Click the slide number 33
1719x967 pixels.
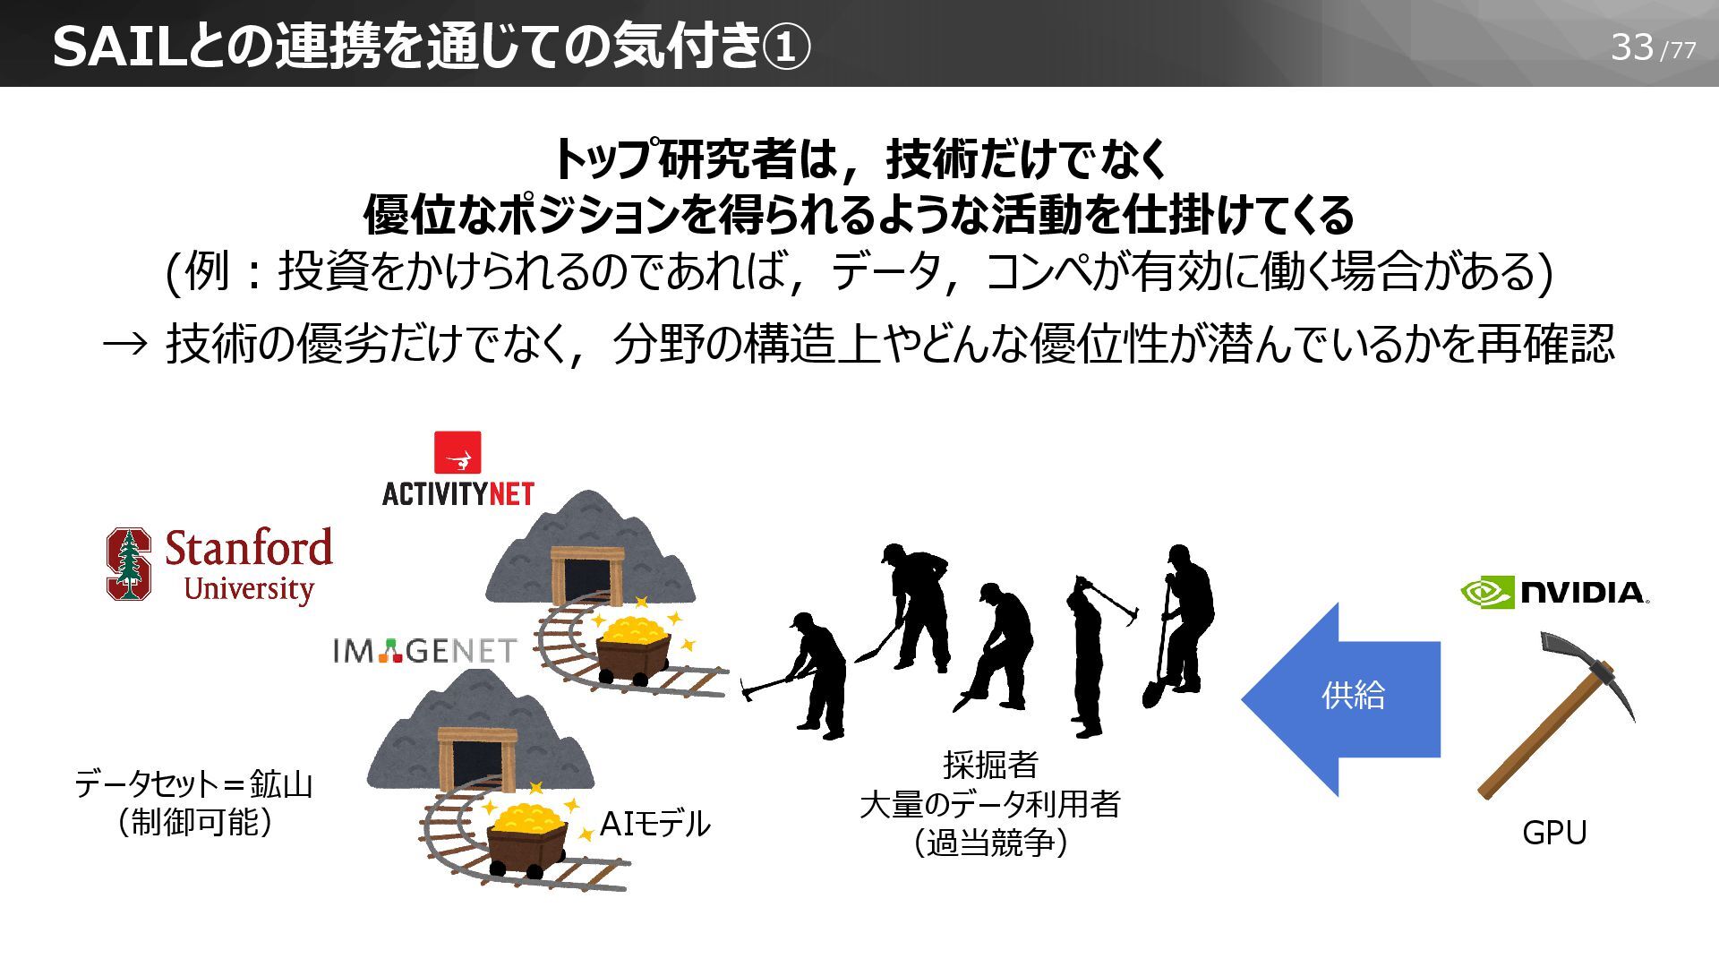point(1631,47)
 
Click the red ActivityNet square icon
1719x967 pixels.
point(458,452)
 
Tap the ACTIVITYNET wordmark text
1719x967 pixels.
point(458,493)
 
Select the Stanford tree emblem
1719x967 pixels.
point(129,563)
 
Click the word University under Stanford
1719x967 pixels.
point(248,589)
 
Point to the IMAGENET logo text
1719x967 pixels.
point(424,651)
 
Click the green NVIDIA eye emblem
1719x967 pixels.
point(1487,592)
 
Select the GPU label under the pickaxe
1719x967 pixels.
point(1554,833)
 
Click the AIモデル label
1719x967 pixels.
point(654,824)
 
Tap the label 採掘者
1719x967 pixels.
point(990,765)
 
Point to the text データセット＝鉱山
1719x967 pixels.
point(193,784)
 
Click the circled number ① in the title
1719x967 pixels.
point(787,47)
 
